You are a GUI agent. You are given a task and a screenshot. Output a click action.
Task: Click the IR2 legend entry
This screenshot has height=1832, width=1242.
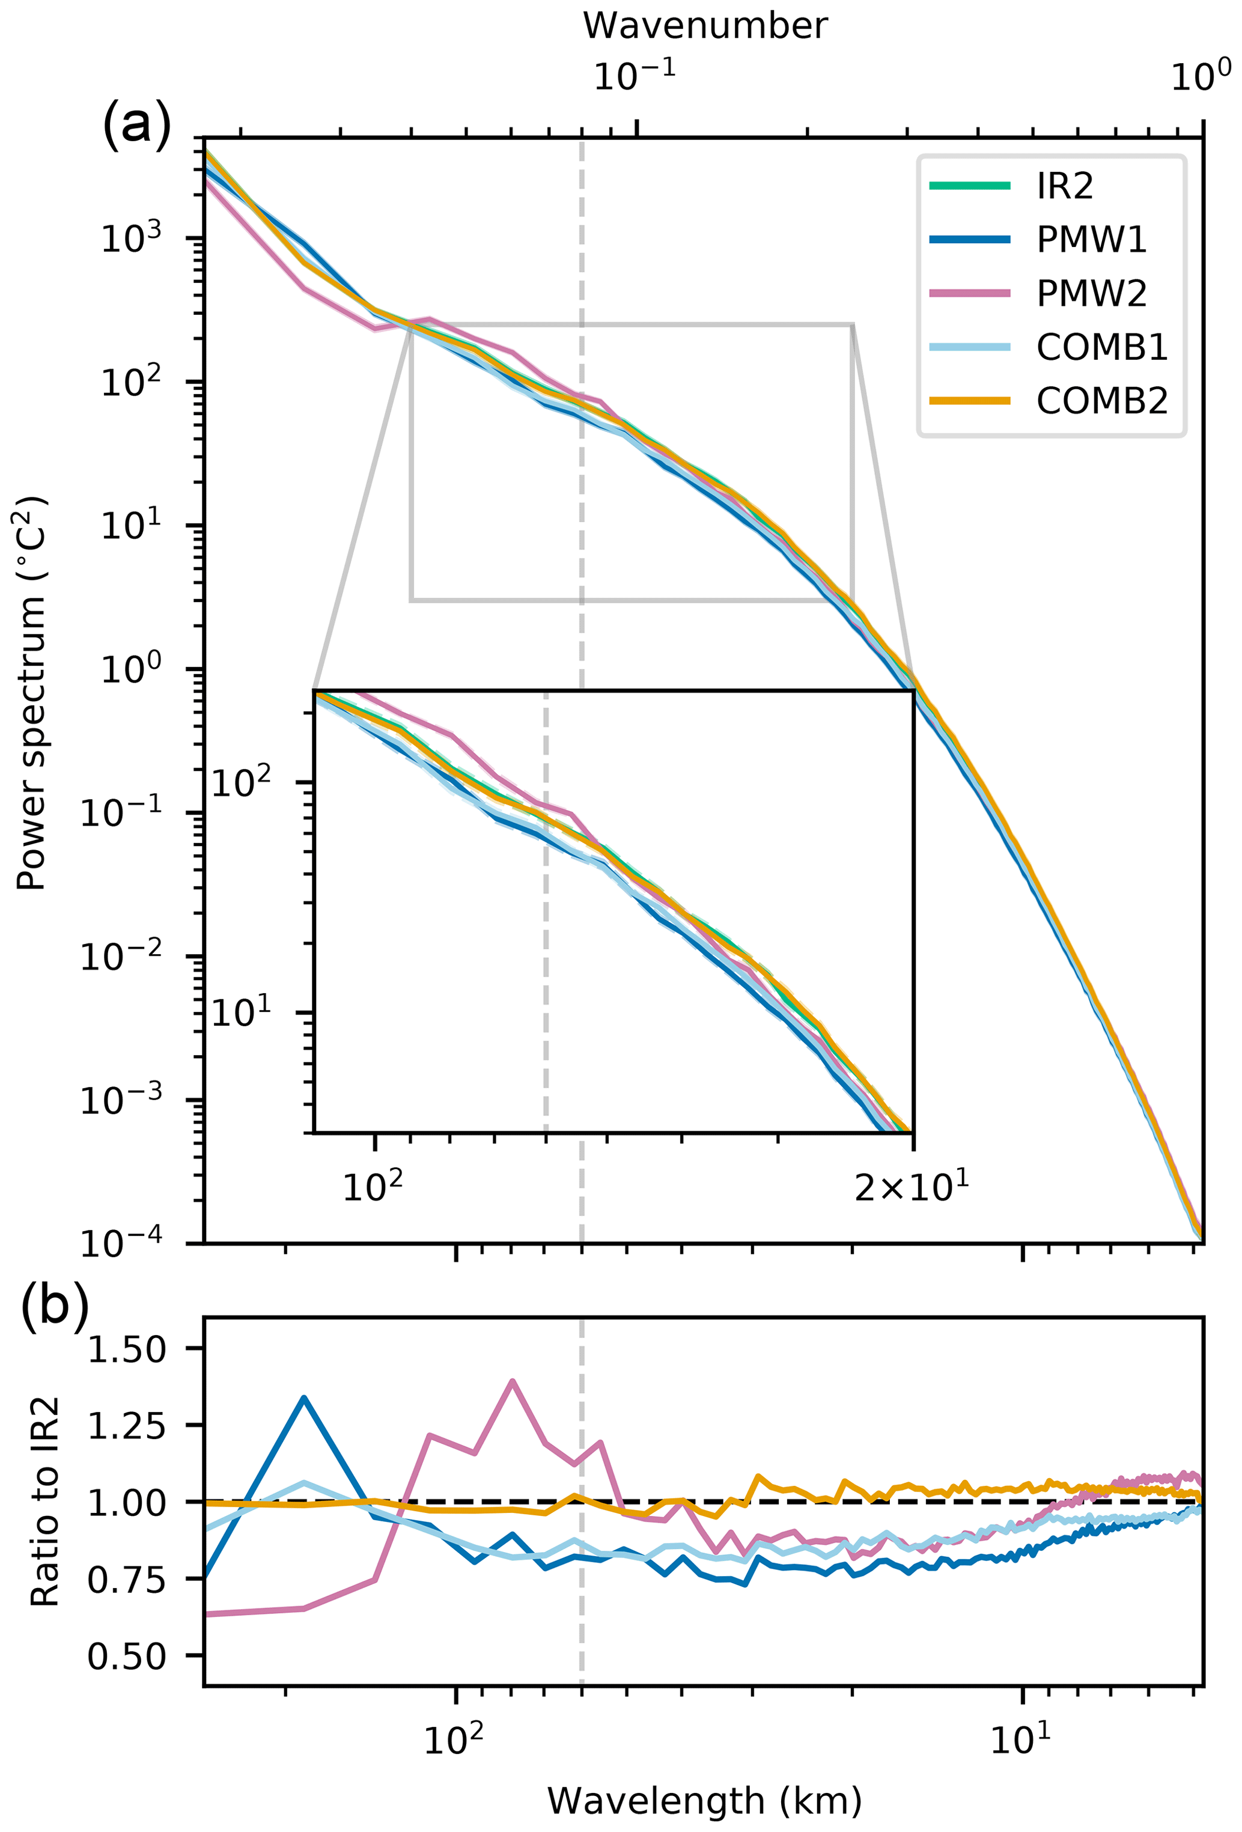click(1064, 187)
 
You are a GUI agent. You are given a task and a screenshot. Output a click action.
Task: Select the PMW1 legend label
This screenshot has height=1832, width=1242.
click(1091, 240)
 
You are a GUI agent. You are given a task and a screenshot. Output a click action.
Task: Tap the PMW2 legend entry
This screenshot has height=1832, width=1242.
click(1091, 294)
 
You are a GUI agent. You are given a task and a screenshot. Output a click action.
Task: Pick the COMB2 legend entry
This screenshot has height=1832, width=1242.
click(1101, 401)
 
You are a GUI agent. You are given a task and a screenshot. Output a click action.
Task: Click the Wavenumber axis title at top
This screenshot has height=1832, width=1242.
click(705, 26)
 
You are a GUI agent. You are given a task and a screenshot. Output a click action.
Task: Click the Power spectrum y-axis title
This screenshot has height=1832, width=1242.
click(31, 694)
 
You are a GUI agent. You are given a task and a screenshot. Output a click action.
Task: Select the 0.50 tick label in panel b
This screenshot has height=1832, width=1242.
click(127, 1655)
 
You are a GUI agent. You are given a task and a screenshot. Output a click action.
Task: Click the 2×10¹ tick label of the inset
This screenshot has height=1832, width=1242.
click(911, 1187)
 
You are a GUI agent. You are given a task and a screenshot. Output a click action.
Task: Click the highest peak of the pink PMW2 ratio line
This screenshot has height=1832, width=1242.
click(513, 1381)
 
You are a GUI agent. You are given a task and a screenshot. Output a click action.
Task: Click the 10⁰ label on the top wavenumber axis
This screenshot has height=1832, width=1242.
click(1200, 76)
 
